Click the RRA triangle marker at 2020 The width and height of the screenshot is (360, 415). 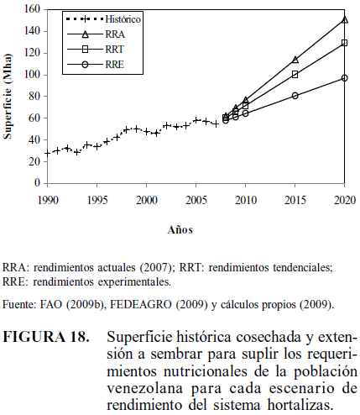[x=345, y=19]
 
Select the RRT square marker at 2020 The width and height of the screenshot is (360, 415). [x=344, y=43]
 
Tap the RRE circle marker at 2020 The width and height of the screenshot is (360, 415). [x=344, y=78]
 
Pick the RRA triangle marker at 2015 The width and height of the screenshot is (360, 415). [x=295, y=60]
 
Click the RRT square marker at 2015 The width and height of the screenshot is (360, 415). [x=295, y=75]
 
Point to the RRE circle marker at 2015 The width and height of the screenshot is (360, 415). [x=295, y=96]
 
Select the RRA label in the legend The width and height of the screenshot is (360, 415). [x=115, y=34]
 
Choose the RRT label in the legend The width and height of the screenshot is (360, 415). [x=114, y=50]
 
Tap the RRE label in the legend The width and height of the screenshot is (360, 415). [x=114, y=65]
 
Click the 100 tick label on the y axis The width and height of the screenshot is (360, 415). [x=34, y=75]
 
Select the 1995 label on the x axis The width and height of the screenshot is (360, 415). [x=97, y=200]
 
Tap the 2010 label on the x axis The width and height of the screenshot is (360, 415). [x=245, y=200]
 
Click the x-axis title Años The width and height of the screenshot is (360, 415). [x=180, y=230]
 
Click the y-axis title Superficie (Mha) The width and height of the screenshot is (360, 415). [x=8, y=97]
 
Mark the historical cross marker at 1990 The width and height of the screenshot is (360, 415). [x=48, y=153]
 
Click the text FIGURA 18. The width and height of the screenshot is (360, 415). [x=46, y=337]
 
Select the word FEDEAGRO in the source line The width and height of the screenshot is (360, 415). [x=140, y=304]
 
